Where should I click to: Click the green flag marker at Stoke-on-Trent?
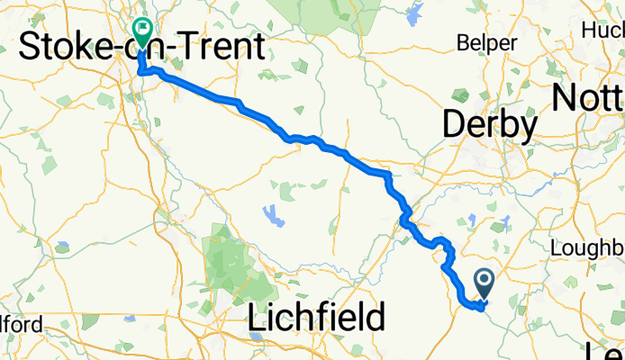coord(141,30)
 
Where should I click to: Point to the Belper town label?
coord(487,43)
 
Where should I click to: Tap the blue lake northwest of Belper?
coord(415,14)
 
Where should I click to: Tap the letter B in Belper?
coord(464,43)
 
